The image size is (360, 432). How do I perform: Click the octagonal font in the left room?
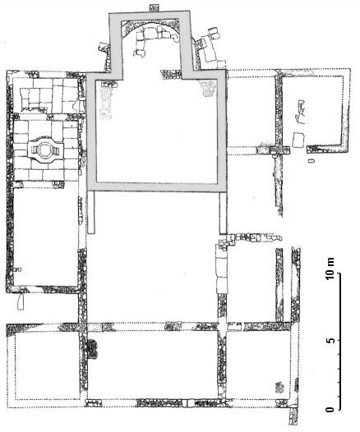[x=44, y=149]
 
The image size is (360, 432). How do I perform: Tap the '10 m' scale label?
[x=330, y=268]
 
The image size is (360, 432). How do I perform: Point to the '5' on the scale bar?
[x=330, y=341]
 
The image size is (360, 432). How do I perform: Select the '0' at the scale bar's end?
[x=330, y=409]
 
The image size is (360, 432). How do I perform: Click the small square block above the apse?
[x=152, y=7]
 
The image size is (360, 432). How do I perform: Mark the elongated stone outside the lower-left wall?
[x=21, y=301]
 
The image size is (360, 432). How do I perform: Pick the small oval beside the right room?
[x=312, y=160]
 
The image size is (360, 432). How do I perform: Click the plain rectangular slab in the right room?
[x=298, y=140]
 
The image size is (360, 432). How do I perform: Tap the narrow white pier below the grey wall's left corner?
[x=91, y=213]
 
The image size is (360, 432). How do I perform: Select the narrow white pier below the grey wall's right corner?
[x=224, y=213]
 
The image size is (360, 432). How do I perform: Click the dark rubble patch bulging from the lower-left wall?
[x=92, y=349]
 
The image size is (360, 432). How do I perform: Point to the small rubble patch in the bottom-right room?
[x=279, y=387]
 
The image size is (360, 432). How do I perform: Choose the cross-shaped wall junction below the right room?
[x=279, y=150]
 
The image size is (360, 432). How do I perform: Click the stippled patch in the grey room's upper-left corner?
[x=106, y=103]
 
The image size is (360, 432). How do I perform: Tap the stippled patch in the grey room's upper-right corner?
[x=208, y=88]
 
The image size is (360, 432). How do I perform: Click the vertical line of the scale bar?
[x=339, y=342]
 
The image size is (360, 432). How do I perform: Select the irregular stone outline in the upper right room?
[x=300, y=112]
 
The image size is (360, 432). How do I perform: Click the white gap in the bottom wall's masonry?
[x=187, y=402]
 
